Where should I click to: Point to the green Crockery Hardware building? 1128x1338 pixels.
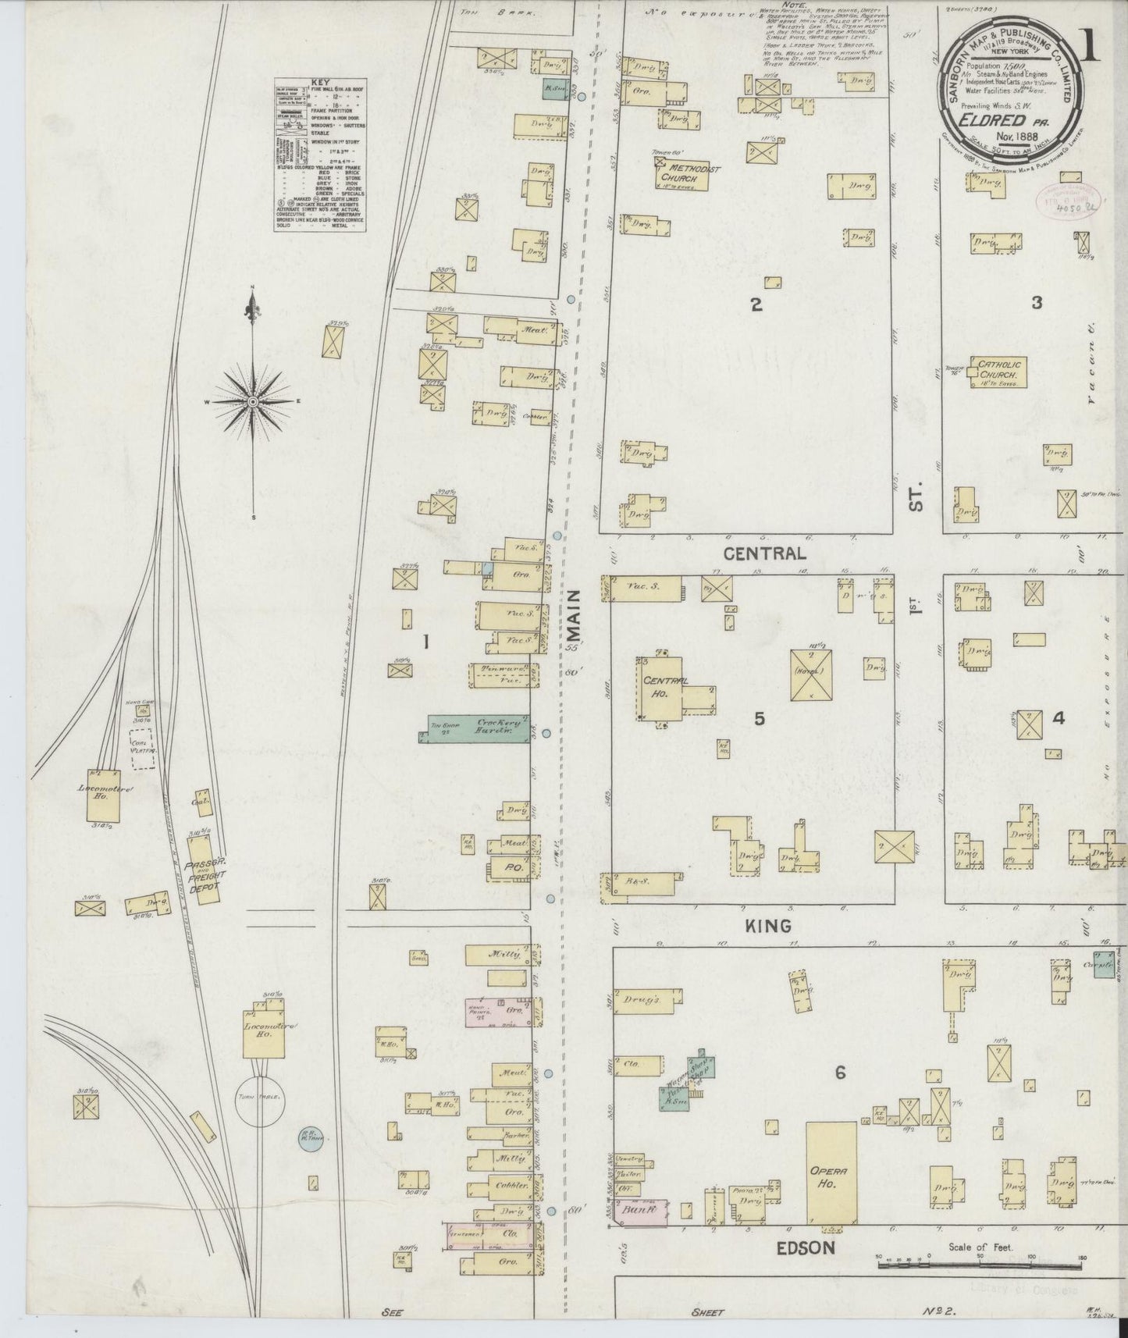click(478, 728)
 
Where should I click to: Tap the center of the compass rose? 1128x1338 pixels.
click(253, 400)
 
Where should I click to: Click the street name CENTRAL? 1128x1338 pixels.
click(764, 553)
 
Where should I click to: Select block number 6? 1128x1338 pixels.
click(840, 1073)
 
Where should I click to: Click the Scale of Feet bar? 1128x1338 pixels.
click(980, 1262)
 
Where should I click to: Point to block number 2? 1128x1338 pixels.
click(756, 304)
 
